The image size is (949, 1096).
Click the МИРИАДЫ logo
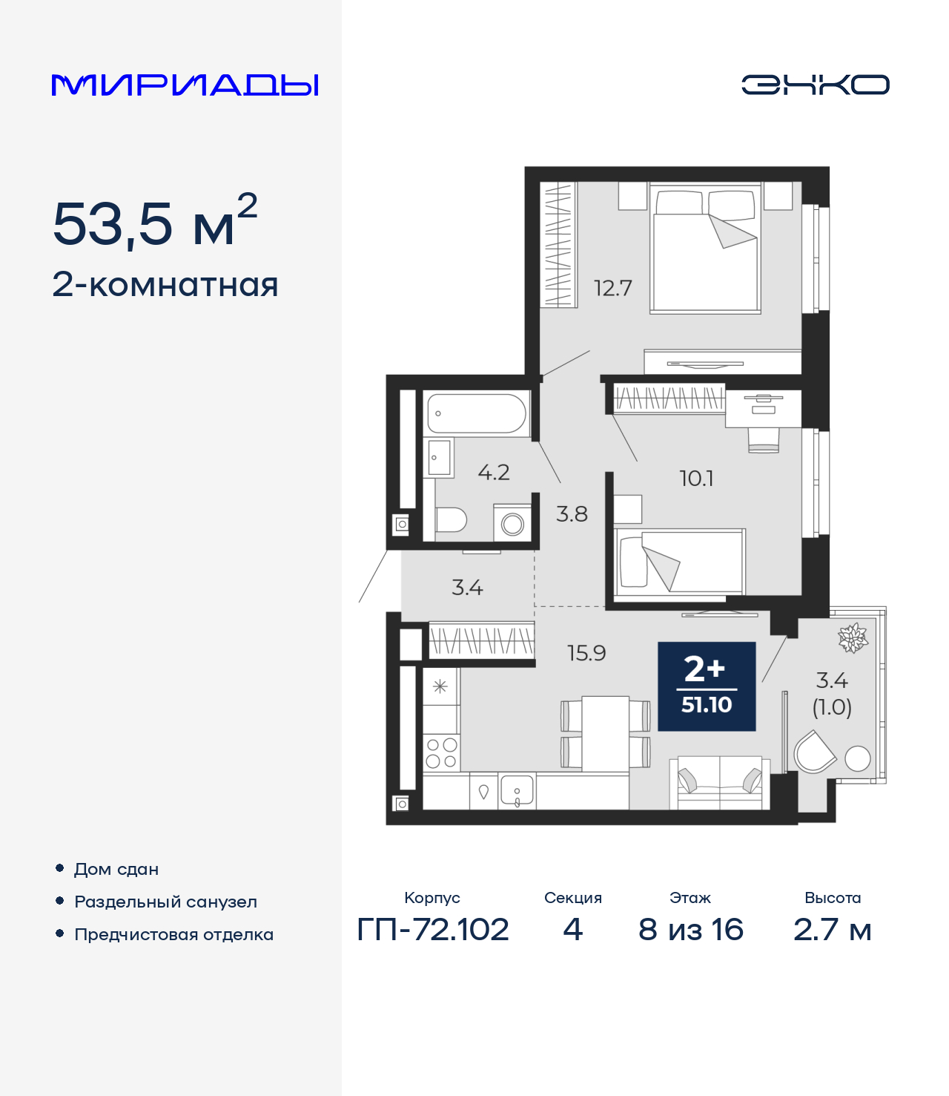(185, 85)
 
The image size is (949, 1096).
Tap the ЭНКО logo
(815, 85)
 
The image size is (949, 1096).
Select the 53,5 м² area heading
(155, 222)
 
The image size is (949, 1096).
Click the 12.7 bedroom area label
(612, 288)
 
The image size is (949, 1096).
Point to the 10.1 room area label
(696, 479)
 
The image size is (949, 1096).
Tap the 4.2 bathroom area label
(493, 473)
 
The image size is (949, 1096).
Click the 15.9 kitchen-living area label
(586, 653)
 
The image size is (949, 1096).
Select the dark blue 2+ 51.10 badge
(707, 686)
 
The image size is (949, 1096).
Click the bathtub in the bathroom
(477, 413)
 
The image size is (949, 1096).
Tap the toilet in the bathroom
(449, 519)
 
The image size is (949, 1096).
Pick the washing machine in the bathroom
(512, 523)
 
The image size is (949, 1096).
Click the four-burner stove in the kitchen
(441, 752)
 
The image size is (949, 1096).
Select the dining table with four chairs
(605, 734)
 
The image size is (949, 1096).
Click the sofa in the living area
(719, 784)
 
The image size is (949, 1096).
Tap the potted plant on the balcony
(853, 637)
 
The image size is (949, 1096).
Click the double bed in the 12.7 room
(705, 249)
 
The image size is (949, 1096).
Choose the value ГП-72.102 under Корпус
(433, 929)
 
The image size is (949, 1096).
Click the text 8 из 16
(690, 929)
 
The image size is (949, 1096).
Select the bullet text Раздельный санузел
(165, 902)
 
